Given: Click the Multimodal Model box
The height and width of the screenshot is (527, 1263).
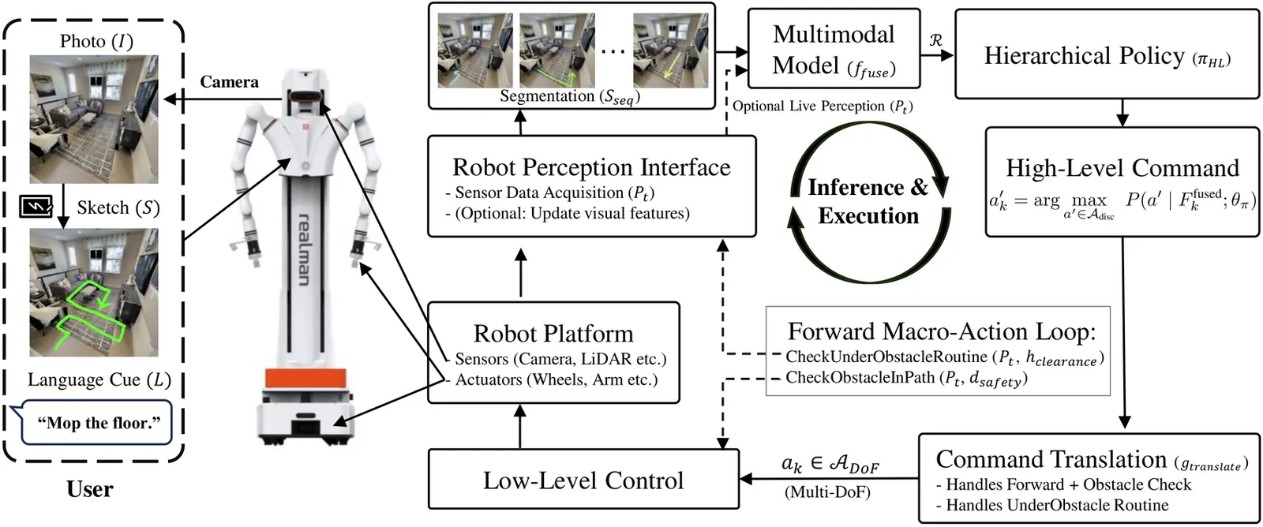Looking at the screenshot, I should coord(833,49).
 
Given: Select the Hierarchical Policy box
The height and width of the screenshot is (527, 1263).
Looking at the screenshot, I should coord(1107,55).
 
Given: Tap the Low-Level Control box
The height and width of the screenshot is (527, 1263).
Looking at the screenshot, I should coord(583,480).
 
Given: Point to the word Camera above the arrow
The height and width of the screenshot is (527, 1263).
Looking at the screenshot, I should coord(229,82).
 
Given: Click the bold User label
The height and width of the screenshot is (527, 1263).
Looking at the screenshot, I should coord(90,490).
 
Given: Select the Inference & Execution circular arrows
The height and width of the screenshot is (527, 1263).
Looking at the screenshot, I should coord(868,202).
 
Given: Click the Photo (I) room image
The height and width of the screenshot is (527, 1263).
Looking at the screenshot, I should coord(94,119).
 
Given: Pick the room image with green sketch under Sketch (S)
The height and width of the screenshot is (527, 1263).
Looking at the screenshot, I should coord(94,293).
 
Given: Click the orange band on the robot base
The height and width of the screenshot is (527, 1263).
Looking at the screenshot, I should coord(305,379).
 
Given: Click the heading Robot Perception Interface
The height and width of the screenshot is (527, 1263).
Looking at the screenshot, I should coord(591,167).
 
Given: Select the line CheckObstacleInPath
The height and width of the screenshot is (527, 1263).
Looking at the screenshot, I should coord(905,378).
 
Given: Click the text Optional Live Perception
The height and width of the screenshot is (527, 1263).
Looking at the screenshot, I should coord(822,107).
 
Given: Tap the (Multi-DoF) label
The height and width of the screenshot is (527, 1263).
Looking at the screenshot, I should coord(827,492).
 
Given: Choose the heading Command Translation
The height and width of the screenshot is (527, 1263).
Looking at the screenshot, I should coord(1051,459).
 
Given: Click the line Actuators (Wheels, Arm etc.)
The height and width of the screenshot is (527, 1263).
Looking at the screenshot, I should coord(556,379).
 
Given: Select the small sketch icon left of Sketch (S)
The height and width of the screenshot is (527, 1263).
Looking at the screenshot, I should coord(36,207).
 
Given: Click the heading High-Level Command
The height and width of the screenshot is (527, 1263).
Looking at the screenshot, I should coord(1122,168).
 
